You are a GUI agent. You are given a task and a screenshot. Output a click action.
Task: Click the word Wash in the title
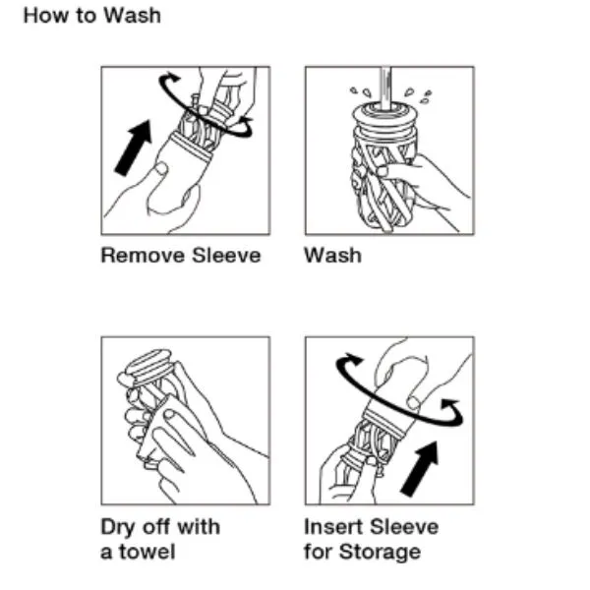132,16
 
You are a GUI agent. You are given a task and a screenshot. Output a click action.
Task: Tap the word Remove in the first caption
143,255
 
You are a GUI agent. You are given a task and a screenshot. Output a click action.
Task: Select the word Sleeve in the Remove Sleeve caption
226,255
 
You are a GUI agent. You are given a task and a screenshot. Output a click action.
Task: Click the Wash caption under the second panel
332,255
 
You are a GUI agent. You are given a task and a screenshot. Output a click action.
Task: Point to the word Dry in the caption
118,527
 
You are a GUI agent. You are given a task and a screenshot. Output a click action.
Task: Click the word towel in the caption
147,552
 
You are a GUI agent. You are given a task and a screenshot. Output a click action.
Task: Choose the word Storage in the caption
380,553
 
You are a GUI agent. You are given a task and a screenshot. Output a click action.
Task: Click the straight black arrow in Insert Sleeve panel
420,468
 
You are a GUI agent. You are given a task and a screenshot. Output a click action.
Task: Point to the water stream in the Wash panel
385,88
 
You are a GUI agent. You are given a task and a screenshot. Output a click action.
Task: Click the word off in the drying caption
155,527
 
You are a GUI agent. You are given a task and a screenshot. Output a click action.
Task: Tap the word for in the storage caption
318,552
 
